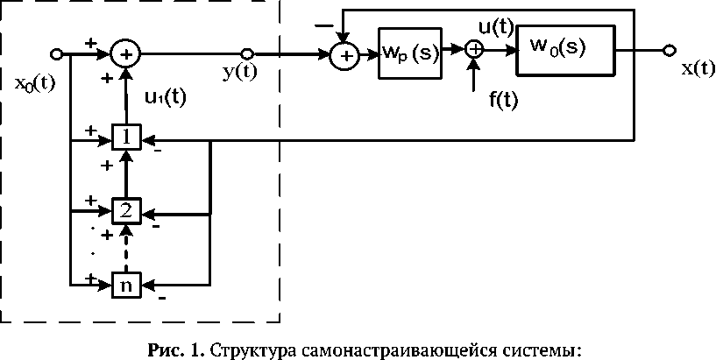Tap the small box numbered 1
pyautogui.click(x=127, y=138)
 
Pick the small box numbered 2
pyautogui.click(x=127, y=211)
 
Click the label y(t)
pyautogui.click(x=239, y=73)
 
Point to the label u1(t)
pyautogui.click(x=164, y=97)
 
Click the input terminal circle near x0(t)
pyautogui.click(x=57, y=53)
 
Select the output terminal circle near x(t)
pyautogui.click(x=670, y=50)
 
